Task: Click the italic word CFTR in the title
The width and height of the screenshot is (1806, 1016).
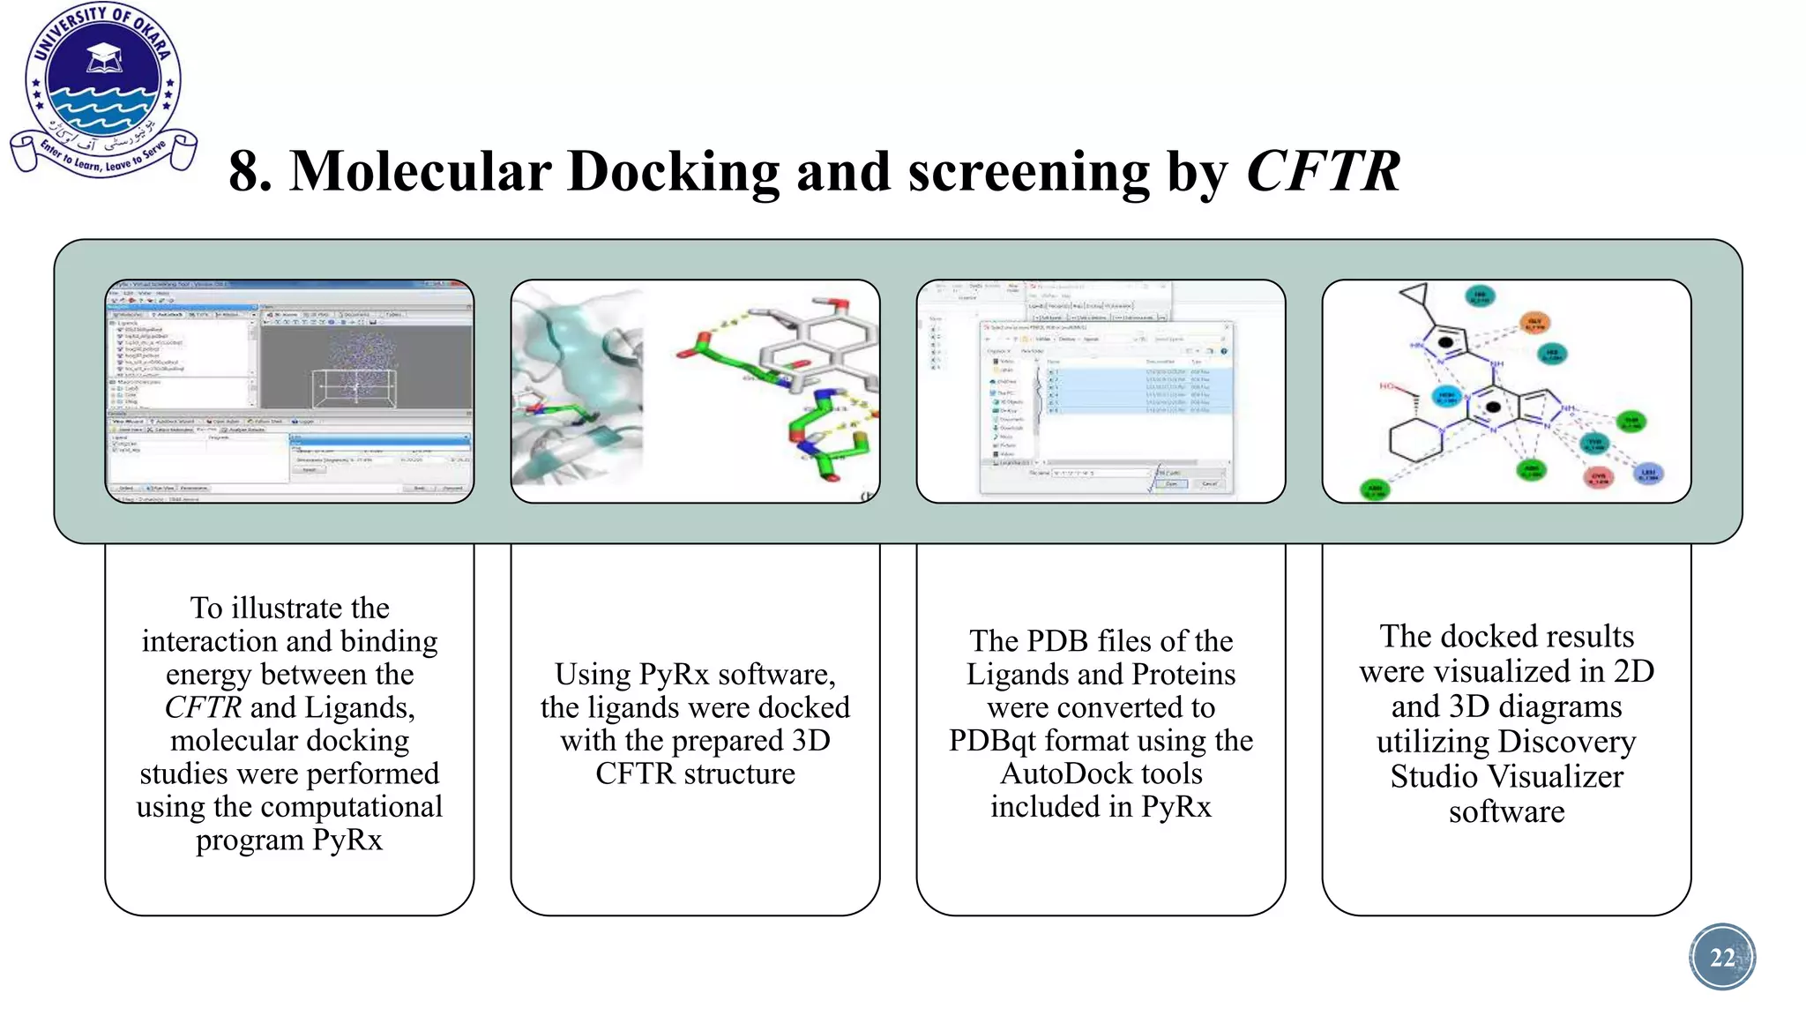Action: coord(1322,171)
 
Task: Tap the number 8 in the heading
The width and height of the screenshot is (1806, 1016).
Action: coord(248,171)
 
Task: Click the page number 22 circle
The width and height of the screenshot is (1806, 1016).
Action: coord(1721,957)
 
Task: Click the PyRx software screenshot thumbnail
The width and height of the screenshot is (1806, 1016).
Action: coord(289,391)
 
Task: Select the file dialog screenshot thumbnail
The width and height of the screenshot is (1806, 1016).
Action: coord(1101,391)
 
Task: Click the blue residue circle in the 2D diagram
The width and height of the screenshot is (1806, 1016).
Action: coord(1648,474)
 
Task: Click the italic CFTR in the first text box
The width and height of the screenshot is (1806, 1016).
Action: coord(203,707)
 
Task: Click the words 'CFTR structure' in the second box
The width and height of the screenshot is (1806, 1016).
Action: coord(695,774)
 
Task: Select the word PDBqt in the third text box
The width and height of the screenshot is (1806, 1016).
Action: coord(1001,741)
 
